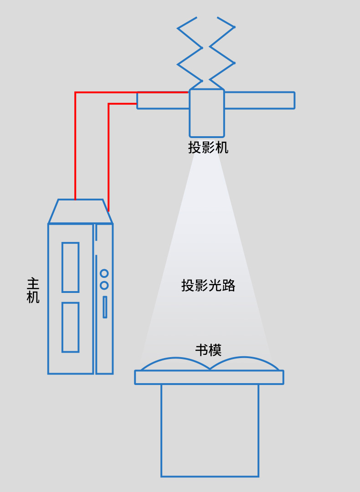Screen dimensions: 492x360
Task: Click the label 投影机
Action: [208, 148]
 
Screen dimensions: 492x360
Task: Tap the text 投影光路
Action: [208, 286]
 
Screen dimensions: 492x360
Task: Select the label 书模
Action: [208, 350]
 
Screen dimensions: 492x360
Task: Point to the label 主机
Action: [33, 290]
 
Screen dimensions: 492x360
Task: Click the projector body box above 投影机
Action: [207, 113]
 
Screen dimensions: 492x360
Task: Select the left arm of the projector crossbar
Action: [163, 101]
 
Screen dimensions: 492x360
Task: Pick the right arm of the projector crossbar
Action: [259, 101]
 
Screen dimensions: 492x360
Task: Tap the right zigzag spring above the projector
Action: [222, 55]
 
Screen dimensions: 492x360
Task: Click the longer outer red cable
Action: [76, 146]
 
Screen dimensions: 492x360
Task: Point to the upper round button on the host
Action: [104, 273]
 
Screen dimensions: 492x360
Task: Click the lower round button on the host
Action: [104, 286]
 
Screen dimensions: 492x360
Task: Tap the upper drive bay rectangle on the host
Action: [70, 267]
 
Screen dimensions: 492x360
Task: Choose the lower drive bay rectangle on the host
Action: [70, 327]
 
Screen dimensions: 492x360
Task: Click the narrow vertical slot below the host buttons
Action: [105, 307]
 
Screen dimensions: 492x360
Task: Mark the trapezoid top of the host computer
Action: [81, 212]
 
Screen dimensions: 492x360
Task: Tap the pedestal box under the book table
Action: [210, 430]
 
